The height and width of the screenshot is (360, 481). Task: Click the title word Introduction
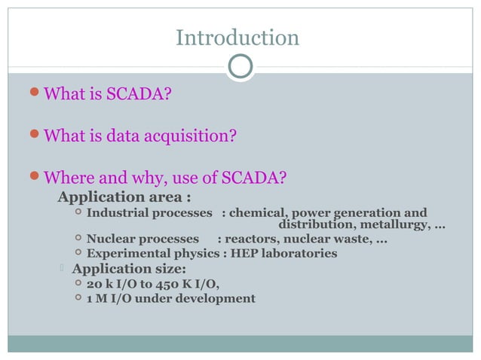[237, 38]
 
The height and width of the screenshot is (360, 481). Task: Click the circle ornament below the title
[240, 67]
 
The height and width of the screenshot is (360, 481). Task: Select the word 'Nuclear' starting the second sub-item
[112, 240]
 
